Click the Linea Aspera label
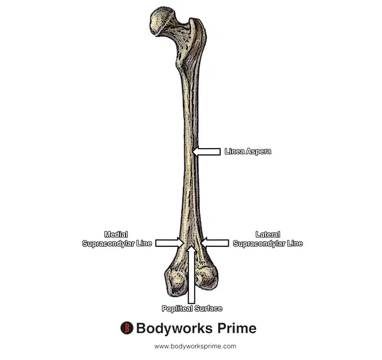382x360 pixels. (248, 152)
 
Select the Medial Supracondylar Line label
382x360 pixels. (117, 239)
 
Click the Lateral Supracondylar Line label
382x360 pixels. (267, 239)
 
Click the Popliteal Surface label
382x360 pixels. (191, 308)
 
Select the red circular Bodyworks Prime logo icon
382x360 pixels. (127, 328)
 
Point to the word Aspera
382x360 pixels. (258, 152)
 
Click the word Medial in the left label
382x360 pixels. (116, 234)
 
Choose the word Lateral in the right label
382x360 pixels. (268, 234)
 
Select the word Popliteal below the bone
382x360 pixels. (177, 308)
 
